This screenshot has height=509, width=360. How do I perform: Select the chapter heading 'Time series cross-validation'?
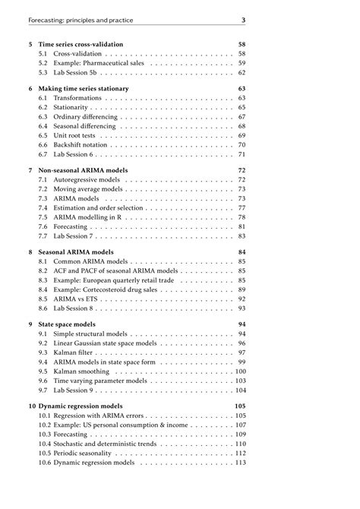81,44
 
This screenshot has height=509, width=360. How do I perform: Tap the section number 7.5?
43,217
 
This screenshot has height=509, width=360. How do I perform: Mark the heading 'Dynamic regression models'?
81,406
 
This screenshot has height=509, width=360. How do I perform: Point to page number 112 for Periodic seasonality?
241,453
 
